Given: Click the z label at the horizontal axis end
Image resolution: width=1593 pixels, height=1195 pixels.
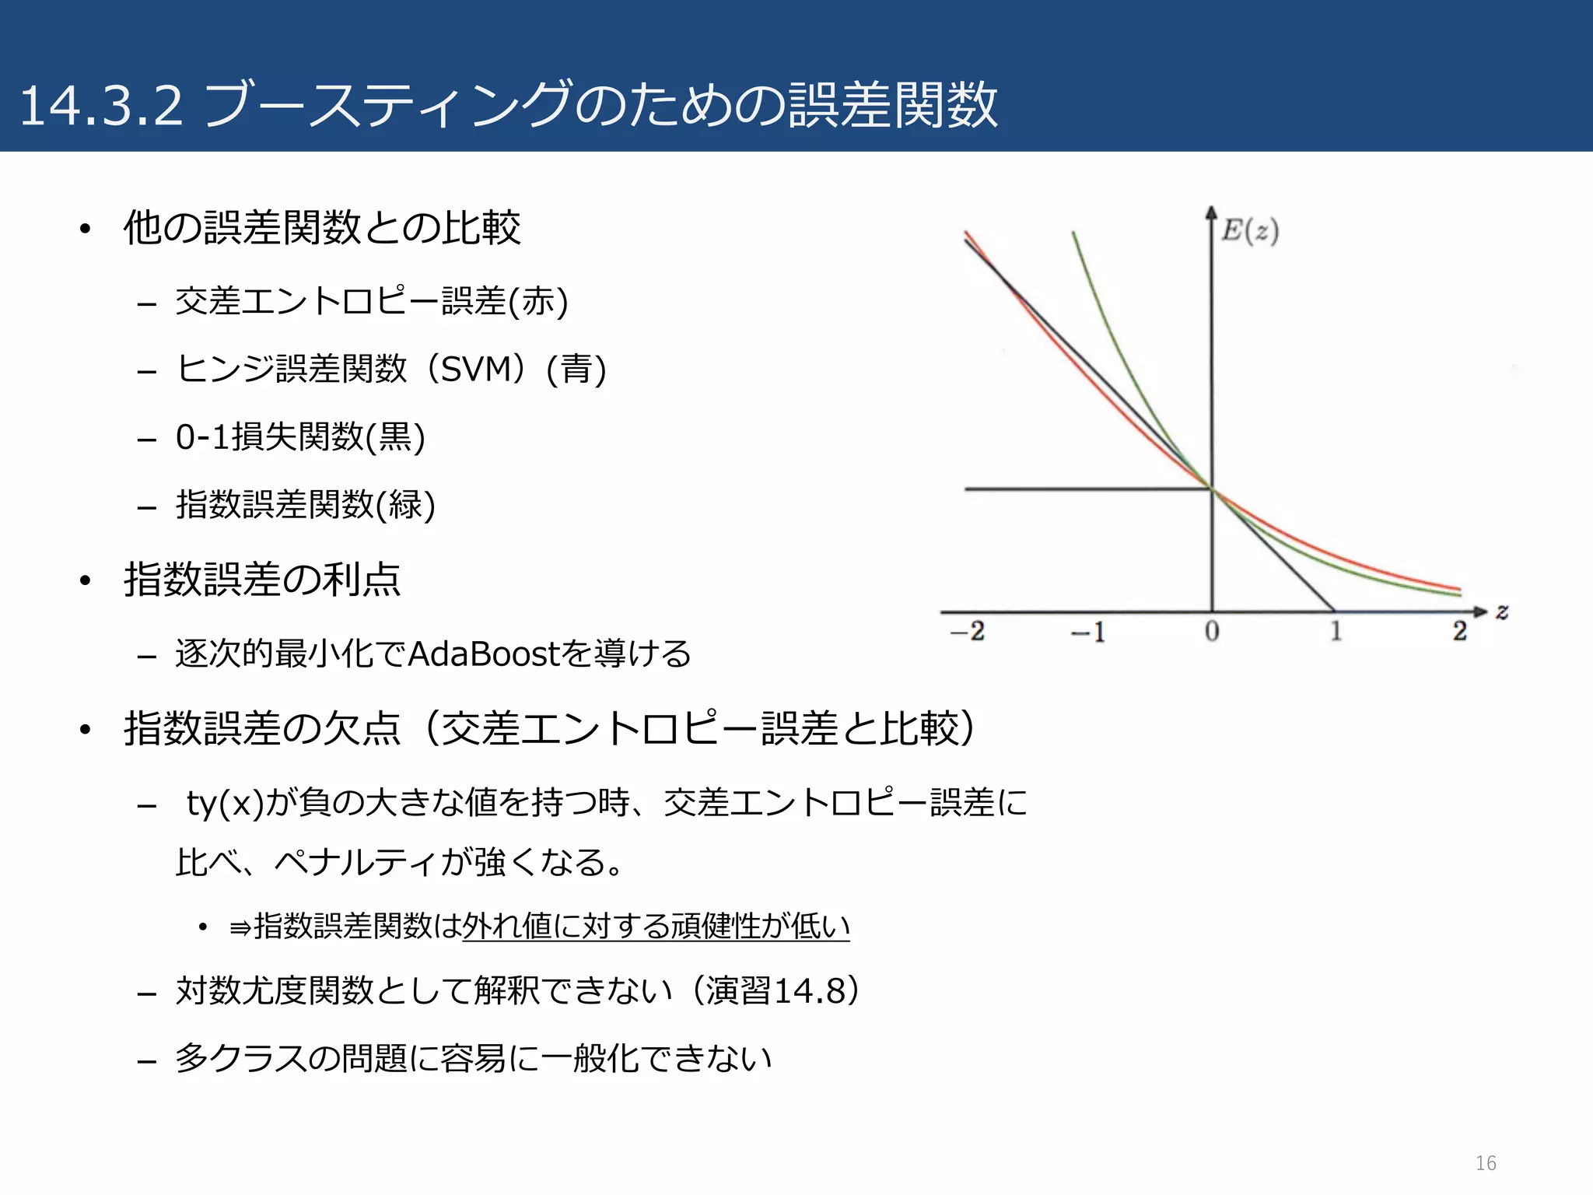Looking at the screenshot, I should (1502, 612).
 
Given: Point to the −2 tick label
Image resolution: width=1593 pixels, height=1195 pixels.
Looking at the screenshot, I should (968, 631).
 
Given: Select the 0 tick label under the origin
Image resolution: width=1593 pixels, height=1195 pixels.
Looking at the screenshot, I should (1212, 632).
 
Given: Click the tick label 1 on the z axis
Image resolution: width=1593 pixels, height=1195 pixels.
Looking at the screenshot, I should (1336, 631).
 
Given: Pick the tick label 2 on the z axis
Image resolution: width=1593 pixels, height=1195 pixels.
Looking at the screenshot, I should (1459, 631).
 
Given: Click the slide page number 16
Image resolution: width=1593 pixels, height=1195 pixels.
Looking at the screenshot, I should (1486, 1163).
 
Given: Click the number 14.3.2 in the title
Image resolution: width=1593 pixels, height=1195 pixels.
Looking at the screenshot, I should (101, 106).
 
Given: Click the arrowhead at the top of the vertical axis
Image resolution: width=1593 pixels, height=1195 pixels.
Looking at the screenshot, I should (1211, 212).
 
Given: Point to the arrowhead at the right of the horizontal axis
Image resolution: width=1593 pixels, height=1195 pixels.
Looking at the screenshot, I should (1481, 612).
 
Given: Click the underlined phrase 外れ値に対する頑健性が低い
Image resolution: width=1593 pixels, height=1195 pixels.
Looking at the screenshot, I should (656, 926).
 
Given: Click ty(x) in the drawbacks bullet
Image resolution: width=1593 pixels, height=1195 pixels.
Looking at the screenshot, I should (226, 803).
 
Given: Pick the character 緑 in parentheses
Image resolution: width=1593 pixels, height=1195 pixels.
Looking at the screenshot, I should (404, 505).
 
